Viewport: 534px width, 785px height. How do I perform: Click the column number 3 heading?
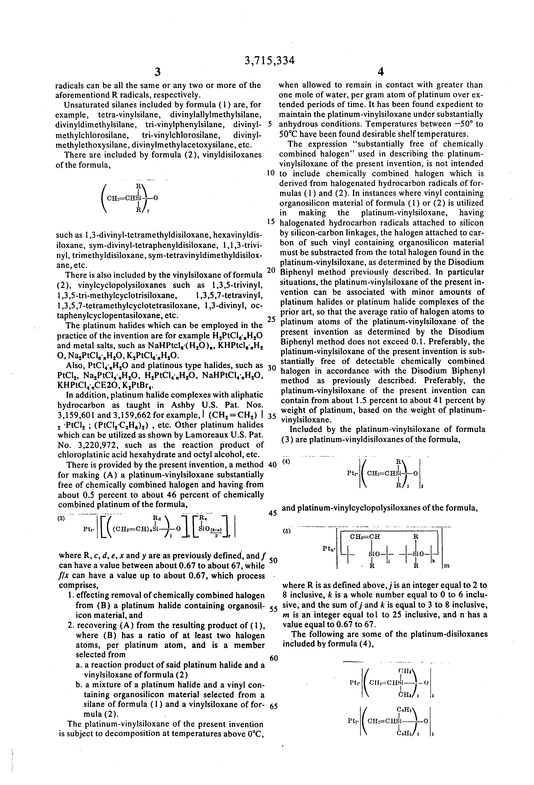click(157, 72)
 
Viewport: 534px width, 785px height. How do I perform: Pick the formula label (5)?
click(287, 531)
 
